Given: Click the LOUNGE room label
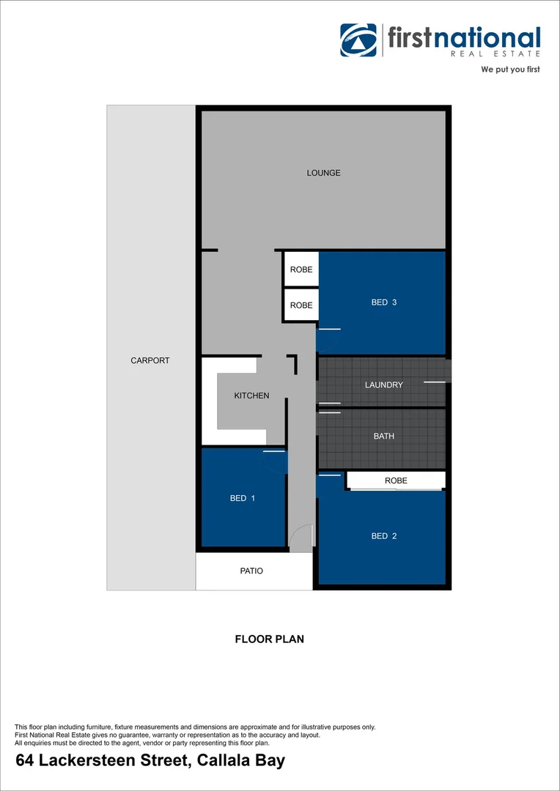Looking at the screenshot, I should click(323, 174).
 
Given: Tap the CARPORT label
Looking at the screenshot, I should click(150, 360).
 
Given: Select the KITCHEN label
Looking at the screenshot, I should click(251, 395).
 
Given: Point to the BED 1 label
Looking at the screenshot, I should click(243, 499).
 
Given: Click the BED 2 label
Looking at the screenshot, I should click(383, 536).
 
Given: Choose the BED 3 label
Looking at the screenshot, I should click(383, 302).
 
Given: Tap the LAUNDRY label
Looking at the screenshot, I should click(383, 385).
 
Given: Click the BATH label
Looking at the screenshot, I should click(383, 436).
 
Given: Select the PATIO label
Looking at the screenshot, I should click(251, 571).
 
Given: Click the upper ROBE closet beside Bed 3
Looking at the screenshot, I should click(301, 270).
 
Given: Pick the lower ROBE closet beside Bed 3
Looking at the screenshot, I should click(301, 305).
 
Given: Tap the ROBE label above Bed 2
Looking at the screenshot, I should click(396, 480).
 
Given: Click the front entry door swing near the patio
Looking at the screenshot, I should click(301, 538).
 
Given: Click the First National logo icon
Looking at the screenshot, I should click(358, 40).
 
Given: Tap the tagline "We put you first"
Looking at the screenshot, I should click(510, 70).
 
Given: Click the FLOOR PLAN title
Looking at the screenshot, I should click(269, 639).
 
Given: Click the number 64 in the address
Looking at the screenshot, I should click(25, 761).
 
